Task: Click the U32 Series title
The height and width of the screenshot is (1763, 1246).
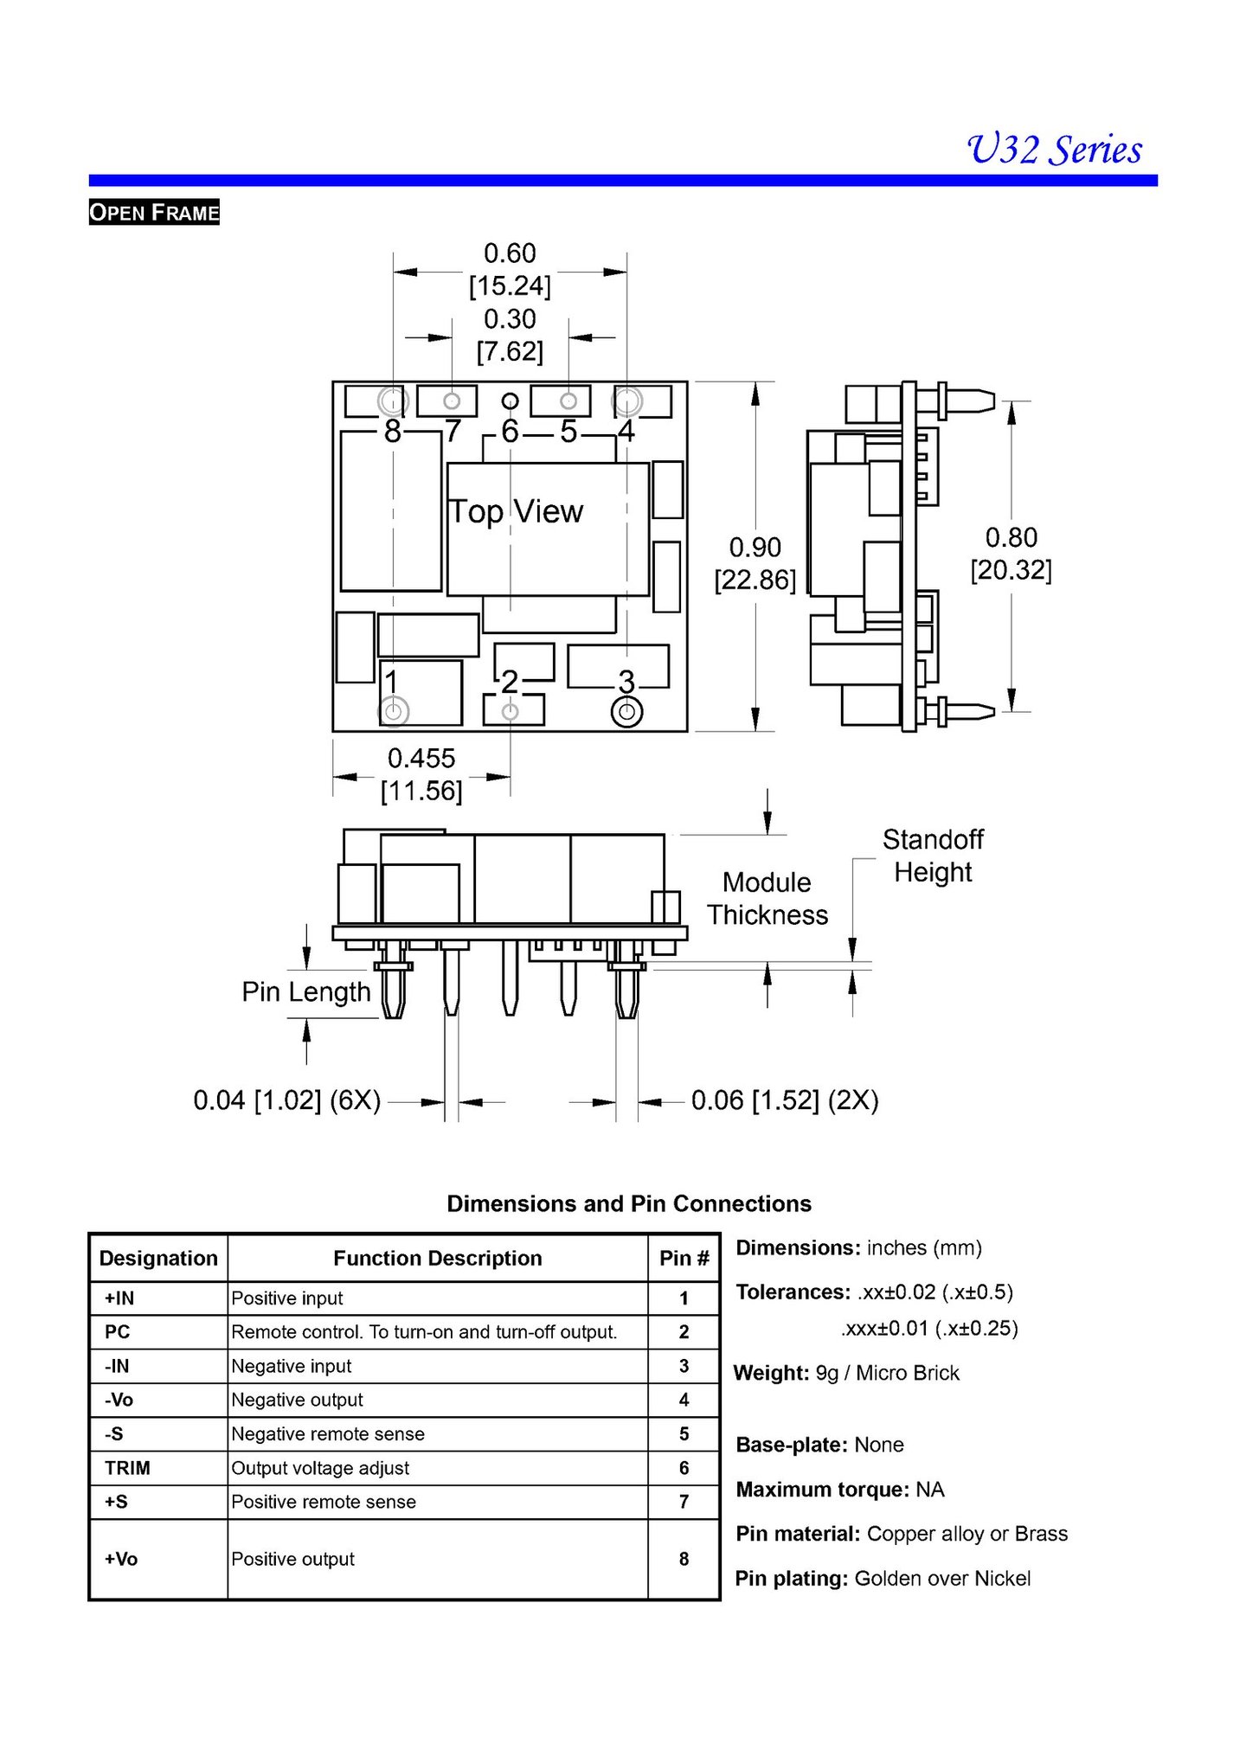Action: [1054, 149]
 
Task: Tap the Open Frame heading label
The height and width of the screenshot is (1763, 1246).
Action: [154, 212]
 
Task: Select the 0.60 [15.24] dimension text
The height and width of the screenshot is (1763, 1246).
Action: [510, 269]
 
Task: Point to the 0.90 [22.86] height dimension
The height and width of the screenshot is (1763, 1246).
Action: [755, 563]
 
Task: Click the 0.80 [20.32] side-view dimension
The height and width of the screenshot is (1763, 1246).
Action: [1011, 554]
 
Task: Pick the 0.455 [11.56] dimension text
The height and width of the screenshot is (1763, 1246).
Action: [421, 774]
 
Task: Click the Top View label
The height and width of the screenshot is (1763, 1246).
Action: [517, 511]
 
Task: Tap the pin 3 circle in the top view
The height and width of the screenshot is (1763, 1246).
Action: [626, 713]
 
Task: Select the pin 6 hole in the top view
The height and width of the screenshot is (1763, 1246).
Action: [511, 401]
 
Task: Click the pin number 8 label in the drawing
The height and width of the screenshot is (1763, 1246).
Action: [393, 431]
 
